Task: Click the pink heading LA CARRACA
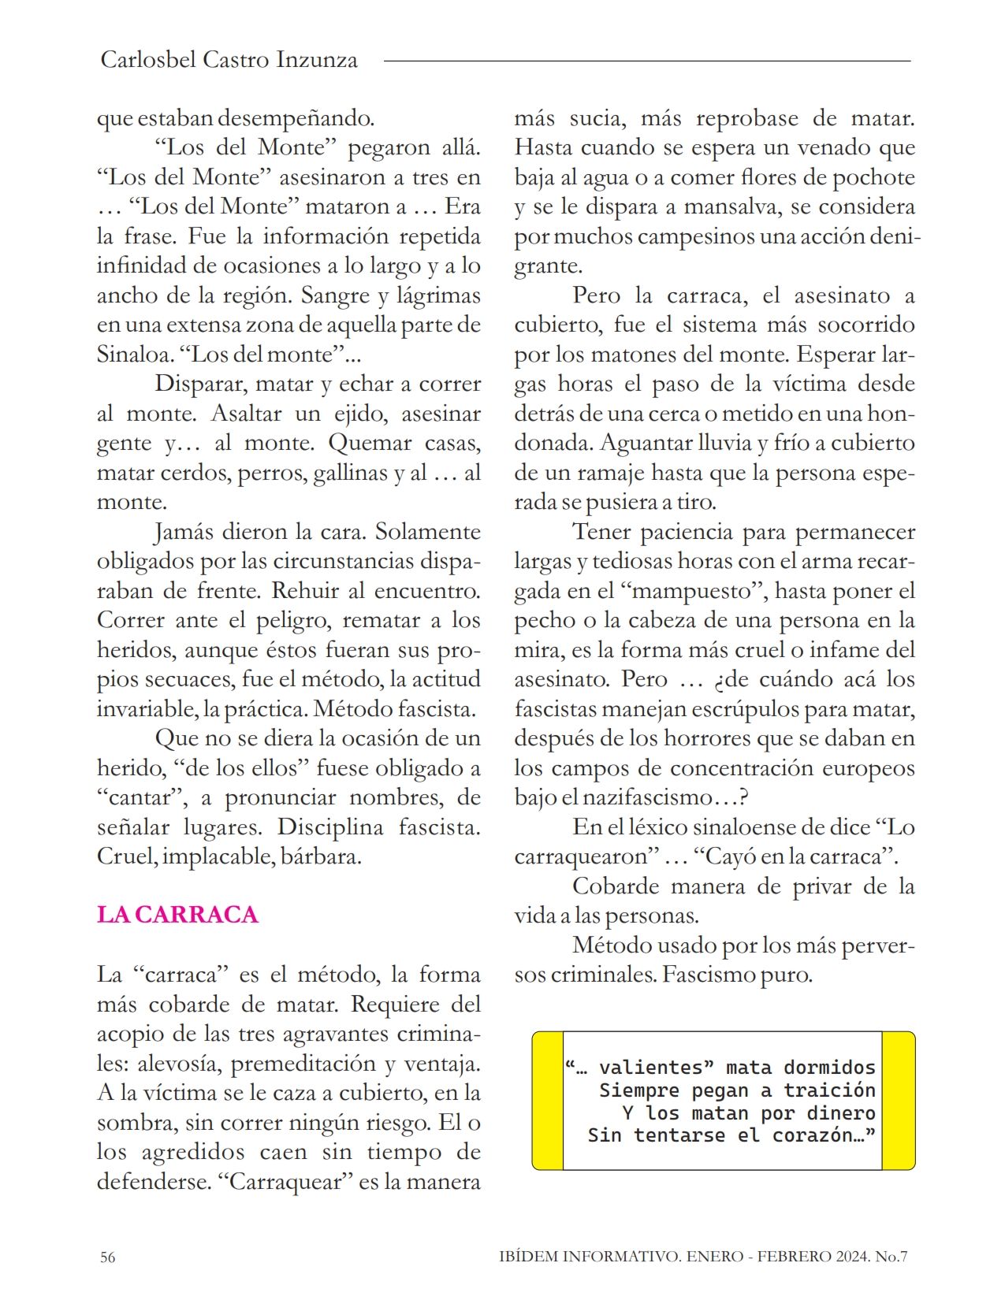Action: pyautogui.click(x=177, y=915)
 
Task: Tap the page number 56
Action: pyautogui.click(x=107, y=1257)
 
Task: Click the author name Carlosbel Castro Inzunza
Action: pyautogui.click(x=229, y=60)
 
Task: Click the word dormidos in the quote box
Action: pyautogui.click(x=829, y=1068)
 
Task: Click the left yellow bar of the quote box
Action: pyautogui.click(x=548, y=1100)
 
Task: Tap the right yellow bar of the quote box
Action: pyautogui.click(x=899, y=1100)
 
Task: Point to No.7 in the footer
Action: pyautogui.click(x=891, y=1257)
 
